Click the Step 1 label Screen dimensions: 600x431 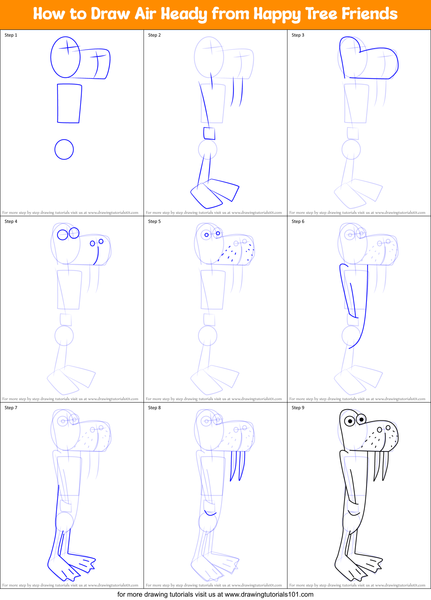(11, 35)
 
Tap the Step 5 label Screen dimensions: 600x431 (154, 221)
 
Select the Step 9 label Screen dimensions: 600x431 (298, 408)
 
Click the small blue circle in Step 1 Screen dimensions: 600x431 (64, 150)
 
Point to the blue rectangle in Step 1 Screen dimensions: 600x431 (69, 103)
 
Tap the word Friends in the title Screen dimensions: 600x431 (369, 14)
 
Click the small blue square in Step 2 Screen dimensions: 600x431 (209, 133)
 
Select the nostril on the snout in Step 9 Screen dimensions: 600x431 (379, 430)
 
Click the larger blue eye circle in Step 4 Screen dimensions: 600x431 (63, 234)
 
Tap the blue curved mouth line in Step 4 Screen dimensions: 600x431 (97, 256)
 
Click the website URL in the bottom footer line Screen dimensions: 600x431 (269, 594)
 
